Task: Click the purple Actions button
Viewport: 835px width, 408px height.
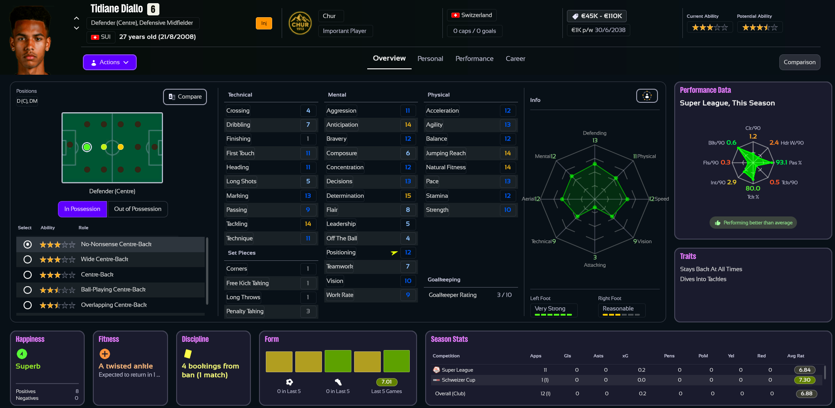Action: (110, 62)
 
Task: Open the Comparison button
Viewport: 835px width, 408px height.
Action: (799, 62)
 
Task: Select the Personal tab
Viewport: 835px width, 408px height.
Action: (430, 58)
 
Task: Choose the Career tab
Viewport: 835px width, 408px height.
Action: (515, 58)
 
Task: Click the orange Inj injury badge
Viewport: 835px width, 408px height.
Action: (264, 23)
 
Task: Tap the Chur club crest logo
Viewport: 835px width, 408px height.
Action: (300, 23)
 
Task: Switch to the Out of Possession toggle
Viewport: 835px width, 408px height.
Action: (138, 209)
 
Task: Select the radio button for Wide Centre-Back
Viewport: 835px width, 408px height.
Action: (28, 259)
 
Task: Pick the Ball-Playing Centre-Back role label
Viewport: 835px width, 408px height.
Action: (113, 289)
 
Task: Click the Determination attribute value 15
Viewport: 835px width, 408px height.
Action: (408, 196)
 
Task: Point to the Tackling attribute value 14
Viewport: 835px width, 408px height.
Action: (308, 224)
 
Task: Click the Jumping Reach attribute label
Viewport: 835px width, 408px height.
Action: (446, 153)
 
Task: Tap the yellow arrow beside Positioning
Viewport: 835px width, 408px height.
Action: (394, 253)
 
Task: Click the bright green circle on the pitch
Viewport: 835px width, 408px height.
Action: (87, 147)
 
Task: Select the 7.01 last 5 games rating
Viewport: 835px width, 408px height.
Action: (386, 382)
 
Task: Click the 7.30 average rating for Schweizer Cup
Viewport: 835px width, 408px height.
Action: (804, 380)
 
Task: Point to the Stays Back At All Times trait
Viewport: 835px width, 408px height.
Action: (711, 269)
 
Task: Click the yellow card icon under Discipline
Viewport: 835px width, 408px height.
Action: (187, 354)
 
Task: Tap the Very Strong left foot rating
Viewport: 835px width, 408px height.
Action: (550, 308)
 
